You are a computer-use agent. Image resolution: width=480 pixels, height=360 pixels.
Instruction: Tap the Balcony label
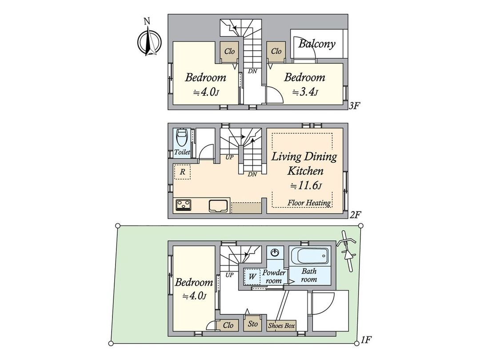click(x=316, y=44)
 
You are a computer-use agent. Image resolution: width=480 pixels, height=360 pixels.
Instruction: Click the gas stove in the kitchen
click(x=184, y=205)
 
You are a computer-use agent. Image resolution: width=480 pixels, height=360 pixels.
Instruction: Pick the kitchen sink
click(x=218, y=206)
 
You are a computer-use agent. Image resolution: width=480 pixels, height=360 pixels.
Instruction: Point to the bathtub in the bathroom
click(x=310, y=256)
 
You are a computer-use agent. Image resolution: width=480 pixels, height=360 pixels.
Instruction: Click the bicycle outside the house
click(x=347, y=251)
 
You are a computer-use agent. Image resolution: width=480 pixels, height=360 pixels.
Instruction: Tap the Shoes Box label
click(x=281, y=325)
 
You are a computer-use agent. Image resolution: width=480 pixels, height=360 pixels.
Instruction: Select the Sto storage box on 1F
click(x=252, y=324)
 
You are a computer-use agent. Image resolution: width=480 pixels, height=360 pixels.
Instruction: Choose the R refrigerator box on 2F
click(x=182, y=172)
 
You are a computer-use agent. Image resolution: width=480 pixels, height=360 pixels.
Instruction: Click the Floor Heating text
click(x=309, y=203)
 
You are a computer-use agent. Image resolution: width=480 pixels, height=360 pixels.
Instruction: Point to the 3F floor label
click(x=354, y=106)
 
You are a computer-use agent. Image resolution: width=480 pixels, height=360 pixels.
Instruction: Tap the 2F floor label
click(x=355, y=214)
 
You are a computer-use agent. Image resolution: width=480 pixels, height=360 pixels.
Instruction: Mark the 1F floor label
click(x=366, y=340)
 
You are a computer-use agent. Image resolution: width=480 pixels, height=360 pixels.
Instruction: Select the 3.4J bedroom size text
click(x=304, y=92)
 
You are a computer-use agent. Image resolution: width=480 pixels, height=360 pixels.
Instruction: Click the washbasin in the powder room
click(x=275, y=253)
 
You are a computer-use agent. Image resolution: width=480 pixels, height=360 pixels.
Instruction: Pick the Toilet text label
click(x=182, y=152)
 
